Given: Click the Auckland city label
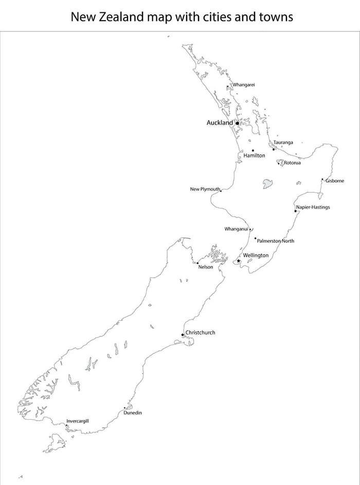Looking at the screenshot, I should coord(220,122).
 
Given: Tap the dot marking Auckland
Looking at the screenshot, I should coord(237,123).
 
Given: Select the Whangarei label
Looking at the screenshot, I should coord(244,84).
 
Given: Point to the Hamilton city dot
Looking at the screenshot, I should coord(253,150).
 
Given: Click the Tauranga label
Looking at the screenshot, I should coord(283,142).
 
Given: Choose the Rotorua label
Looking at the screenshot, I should coord(292,163).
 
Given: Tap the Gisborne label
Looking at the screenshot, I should coord(335,181).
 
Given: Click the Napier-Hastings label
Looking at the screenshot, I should coord(313,207).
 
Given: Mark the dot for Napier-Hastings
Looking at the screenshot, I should coord(296,211).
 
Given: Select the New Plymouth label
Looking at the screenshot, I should coord(205,189).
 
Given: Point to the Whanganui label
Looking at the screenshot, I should coord(237,229).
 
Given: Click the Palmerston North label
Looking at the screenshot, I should coord(276,241).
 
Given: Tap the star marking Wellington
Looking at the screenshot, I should coord(239,261).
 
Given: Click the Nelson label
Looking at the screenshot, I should coord(206,267).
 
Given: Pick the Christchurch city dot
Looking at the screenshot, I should coord(183,335).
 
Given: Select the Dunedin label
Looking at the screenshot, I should coord(133,412).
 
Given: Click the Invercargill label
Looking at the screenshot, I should coord(78,421).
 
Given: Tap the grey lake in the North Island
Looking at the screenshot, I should coord(267,184).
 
